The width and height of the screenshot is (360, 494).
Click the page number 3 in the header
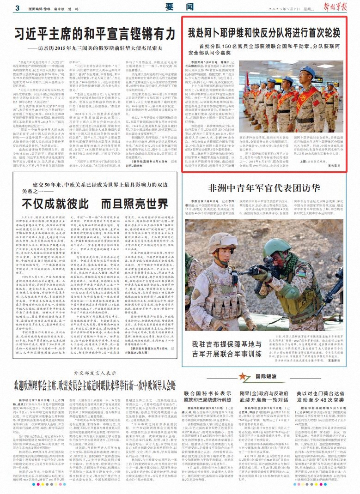point(17,8)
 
